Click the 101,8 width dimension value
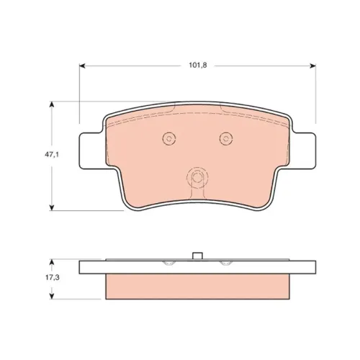pos(198,66)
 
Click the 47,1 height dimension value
pos(52,155)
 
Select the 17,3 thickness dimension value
pos(53,278)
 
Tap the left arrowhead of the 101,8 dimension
pos(82,66)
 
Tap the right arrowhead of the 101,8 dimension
pos(312,66)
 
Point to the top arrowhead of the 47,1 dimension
pos(52,104)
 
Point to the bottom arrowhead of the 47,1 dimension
pos(52,207)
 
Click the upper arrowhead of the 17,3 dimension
pos(52,262)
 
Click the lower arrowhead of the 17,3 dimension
pos(52,296)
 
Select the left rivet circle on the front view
pos(169,138)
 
